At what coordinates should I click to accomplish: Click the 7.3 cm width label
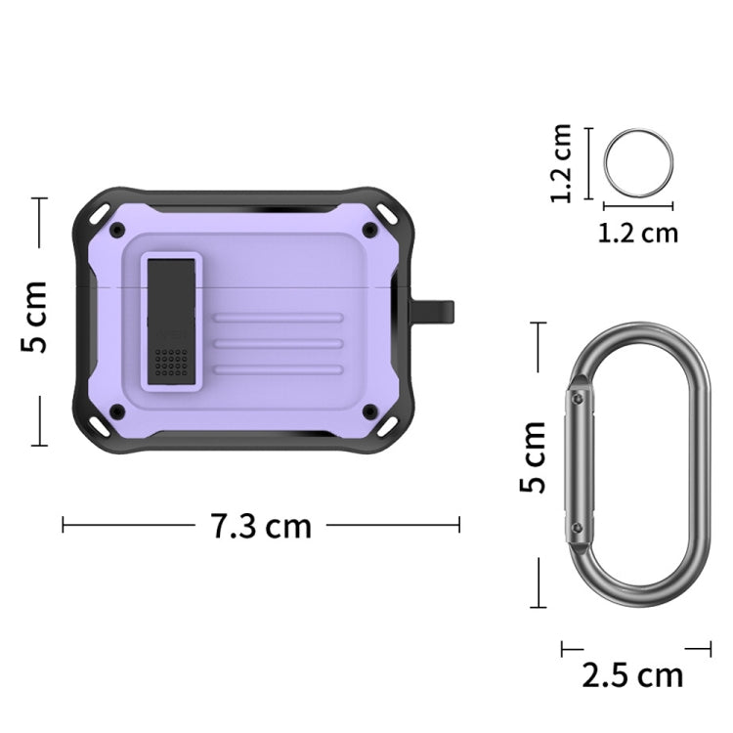(260, 527)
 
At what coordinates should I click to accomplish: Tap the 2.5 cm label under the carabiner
(633, 674)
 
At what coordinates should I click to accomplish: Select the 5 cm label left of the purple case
(35, 318)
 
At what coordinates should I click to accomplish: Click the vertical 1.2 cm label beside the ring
(561, 162)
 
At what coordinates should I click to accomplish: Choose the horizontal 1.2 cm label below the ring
(637, 233)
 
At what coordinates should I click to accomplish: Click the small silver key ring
(637, 162)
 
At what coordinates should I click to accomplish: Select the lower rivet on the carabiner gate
(578, 528)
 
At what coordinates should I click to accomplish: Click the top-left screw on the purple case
(117, 230)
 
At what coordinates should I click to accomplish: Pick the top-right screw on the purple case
(369, 230)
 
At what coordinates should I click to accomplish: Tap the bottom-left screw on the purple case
(117, 410)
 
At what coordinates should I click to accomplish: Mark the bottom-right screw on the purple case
(369, 410)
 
